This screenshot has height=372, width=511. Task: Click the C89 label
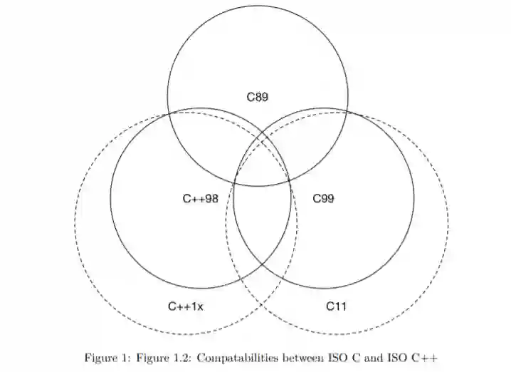(258, 97)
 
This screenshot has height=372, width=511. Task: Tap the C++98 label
(200, 199)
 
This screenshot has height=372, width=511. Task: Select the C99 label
(324, 199)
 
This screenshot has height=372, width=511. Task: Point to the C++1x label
(186, 306)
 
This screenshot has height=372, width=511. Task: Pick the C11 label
(337, 306)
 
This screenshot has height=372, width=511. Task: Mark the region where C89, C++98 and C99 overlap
(262, 160)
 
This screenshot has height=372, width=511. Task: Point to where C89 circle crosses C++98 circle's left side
(169, 113)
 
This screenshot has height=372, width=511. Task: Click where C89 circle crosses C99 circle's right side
(347, 113)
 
